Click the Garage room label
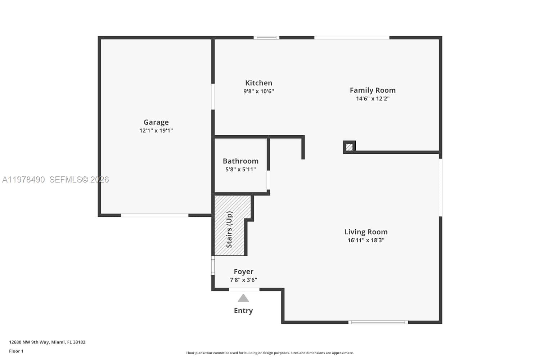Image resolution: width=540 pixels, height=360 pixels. click(156, 122)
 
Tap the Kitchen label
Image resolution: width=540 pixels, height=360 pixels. click(258, 83)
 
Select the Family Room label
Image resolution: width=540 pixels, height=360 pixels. click(373, 90)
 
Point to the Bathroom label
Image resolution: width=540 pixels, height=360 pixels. click(240, 161)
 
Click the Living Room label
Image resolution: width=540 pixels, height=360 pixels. click(366, 232)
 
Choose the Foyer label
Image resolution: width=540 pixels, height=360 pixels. click(243, 271)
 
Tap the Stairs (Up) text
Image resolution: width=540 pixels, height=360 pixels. click(229, 229)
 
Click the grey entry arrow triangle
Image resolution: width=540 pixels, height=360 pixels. click(243, 298)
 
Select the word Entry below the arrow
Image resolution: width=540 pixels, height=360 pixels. click(243, 310)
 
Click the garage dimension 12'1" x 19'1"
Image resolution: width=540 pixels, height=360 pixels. click(156, 131)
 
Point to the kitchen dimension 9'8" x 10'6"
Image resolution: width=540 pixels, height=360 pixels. click(258, 91)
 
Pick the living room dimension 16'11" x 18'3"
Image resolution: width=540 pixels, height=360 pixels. click(366, 240)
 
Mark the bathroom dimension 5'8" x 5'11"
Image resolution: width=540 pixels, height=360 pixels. click(240, 170)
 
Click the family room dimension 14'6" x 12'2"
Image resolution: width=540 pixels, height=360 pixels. click(373, 99)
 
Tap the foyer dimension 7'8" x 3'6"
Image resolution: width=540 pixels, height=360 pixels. click(243, 280)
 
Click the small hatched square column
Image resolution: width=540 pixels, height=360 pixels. click(349, 147)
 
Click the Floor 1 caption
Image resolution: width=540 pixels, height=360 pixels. click(16, 351)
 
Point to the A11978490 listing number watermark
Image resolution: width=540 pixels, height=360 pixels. click(23, 179)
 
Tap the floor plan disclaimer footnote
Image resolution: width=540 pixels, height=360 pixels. click(270, 353)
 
